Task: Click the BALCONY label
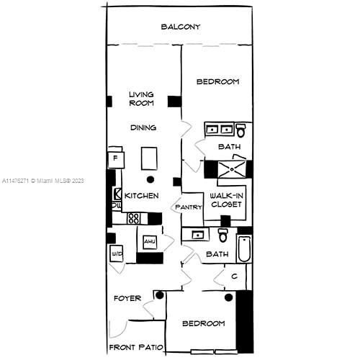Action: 180,27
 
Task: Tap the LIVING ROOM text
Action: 142,99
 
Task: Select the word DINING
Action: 143,128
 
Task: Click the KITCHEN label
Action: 141,196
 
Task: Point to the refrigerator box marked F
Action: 115,158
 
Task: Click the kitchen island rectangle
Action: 149,157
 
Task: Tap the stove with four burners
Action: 134,217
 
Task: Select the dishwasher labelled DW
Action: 117,206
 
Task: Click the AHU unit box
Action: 150,243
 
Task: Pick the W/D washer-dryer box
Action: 117,253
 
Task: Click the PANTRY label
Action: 189,207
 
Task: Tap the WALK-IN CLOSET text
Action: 225,200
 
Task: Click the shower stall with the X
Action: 228,168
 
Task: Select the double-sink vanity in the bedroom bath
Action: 219,130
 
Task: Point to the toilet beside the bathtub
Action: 223,235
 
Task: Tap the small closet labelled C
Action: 235,275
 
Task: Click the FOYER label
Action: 127,298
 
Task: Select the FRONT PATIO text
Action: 135,348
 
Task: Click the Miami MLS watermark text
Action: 43,180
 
